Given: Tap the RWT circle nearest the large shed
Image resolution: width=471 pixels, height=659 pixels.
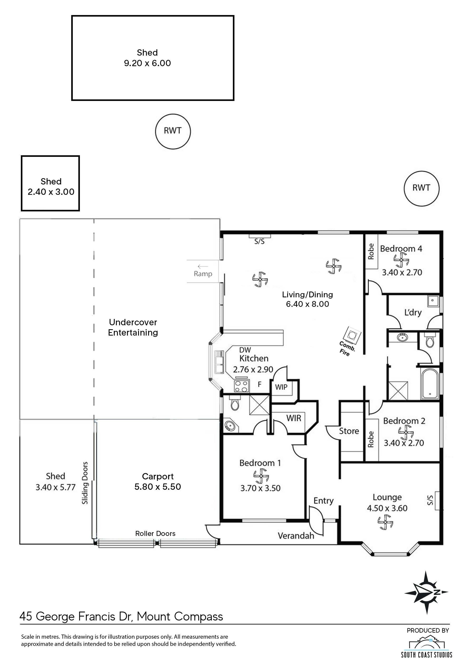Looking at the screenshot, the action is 173,131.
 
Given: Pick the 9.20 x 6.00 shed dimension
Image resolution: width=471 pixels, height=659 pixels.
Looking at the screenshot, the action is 147,63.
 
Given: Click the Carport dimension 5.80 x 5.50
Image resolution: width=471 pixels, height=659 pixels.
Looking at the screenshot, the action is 157,487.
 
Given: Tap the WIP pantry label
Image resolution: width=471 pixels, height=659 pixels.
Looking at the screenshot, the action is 281,387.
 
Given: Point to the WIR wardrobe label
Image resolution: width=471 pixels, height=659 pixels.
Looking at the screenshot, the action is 294,418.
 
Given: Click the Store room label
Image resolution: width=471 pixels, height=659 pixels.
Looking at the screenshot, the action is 349,431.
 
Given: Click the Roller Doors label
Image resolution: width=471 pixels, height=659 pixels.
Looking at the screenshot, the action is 155,534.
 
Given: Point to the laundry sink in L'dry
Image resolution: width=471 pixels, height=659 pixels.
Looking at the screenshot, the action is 433,302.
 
